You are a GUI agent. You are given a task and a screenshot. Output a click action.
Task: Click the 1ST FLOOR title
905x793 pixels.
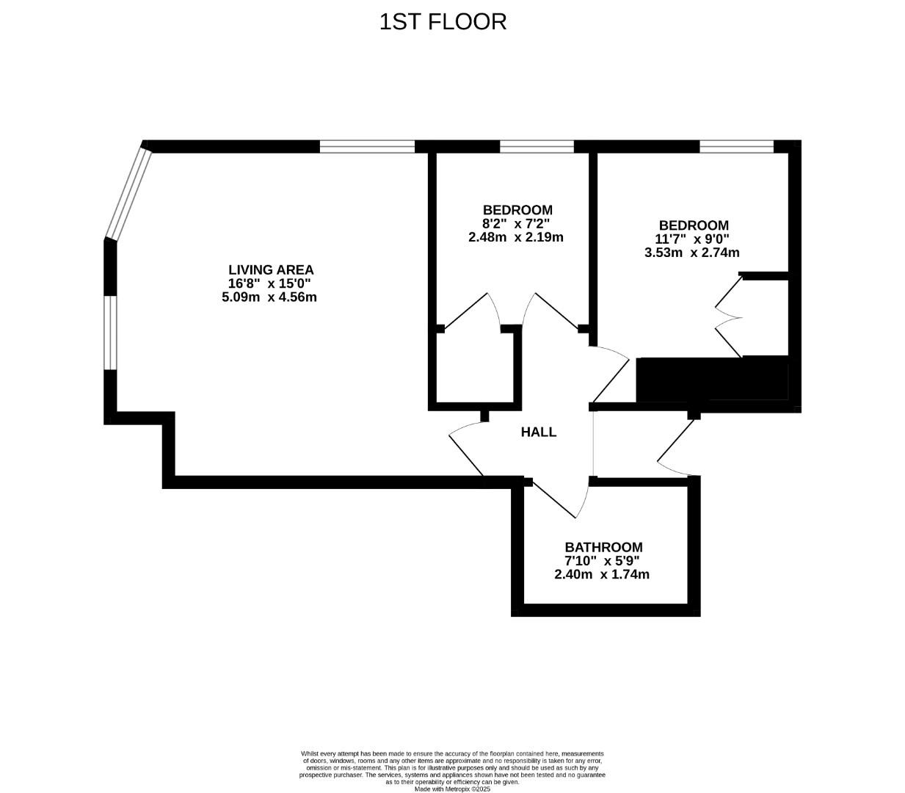pos(443,22)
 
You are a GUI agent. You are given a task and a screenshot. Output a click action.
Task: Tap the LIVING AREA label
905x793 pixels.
pos(271,269)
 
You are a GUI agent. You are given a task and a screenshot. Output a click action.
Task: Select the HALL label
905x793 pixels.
pos(539,432)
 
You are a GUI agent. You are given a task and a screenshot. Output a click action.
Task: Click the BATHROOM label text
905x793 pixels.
pos(603,547)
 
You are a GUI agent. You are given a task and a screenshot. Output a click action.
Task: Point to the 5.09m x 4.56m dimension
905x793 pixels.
pos(269,297)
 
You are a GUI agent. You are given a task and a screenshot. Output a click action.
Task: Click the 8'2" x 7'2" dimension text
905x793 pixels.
pos(516,224)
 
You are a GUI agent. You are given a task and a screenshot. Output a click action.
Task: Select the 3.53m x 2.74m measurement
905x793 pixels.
pos(691,253)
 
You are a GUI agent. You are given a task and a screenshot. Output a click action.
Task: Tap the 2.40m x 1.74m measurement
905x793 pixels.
pos(602,574)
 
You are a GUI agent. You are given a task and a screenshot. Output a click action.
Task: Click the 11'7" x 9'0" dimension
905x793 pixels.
pos(692,239)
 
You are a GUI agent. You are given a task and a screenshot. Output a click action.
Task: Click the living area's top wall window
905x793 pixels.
pos(367,147)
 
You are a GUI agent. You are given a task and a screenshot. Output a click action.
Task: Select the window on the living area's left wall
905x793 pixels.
pos(110,333)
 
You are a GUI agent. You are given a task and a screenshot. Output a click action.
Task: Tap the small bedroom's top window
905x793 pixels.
pos(537,147)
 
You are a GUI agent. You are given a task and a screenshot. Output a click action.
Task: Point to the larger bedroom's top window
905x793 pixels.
pos(736,147)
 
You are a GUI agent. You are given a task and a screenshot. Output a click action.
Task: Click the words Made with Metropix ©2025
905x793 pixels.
pos(452,789)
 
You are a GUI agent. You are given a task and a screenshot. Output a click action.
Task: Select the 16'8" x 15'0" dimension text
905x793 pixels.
pos(269,283)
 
